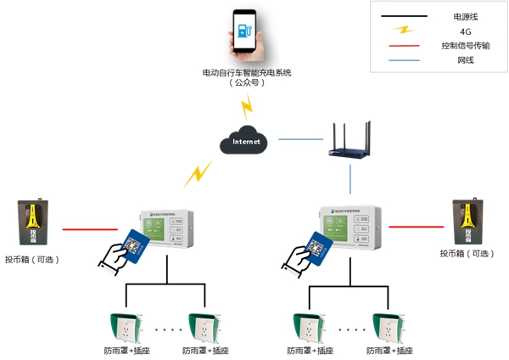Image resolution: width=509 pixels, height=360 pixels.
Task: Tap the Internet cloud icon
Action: pos(245,143)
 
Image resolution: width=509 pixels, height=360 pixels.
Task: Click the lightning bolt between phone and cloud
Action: pos(247,107)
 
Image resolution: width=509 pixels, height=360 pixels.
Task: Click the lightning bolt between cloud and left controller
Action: pos(198,175)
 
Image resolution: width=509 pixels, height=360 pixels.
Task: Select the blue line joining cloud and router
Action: pos(300,138)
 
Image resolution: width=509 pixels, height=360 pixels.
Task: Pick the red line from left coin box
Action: pos(89,229)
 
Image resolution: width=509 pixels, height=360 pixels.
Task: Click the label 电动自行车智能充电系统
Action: pos(247,73)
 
